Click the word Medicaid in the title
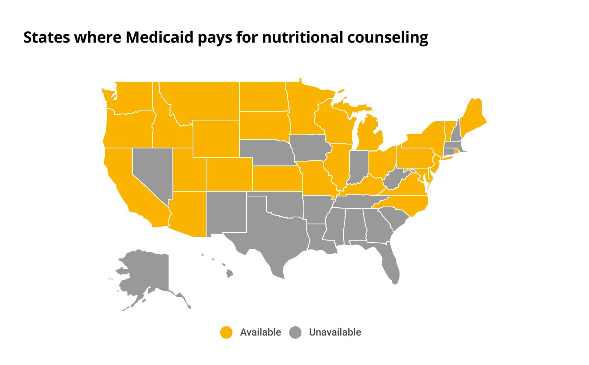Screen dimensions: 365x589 (160, 38)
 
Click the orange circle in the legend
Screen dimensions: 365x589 (226, 332)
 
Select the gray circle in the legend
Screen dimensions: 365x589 (295, 332)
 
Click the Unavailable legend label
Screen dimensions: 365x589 (335, 332)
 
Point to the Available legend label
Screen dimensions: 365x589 (260, 332)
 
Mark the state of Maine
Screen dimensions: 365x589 (473, 116)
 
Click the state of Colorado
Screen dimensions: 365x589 (229, 174)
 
